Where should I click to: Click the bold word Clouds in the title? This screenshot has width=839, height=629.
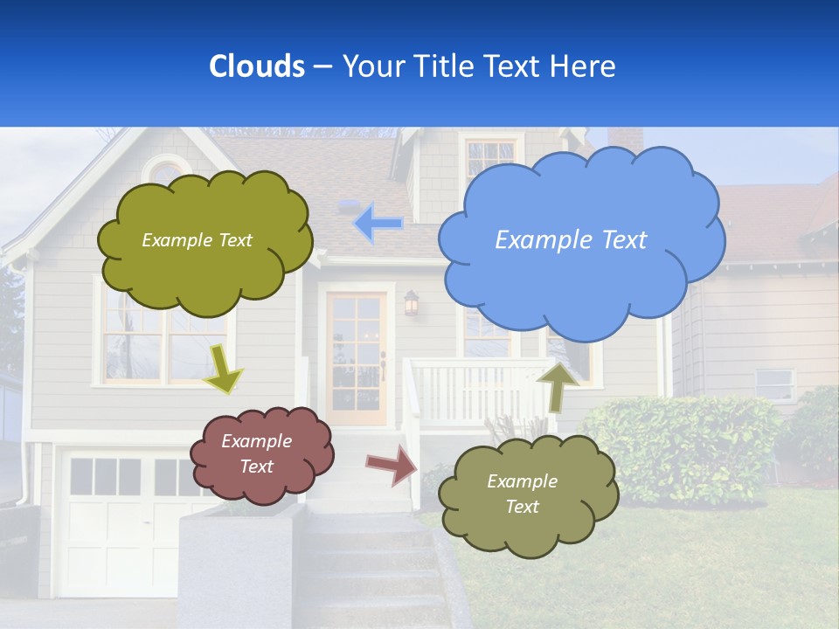[256, 66]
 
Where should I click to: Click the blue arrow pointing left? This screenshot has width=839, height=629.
[378, 224]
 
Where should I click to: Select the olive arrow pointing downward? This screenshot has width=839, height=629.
[222, 369]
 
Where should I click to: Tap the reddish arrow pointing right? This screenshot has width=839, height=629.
[392, 465]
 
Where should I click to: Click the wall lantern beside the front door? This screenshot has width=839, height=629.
[411, 303]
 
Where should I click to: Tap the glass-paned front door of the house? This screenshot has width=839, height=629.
[357, 358]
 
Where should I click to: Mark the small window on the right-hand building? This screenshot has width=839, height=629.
[774, 384]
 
